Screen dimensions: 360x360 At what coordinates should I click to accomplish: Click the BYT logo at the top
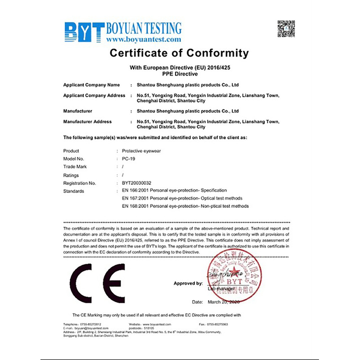click(x=85, y=31)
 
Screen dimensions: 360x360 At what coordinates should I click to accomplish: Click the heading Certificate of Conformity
click(x=179, y=54)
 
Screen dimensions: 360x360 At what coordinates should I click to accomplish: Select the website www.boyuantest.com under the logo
click(x=144, y=40)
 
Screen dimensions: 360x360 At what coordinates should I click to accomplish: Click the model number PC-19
click(x=128, y=159)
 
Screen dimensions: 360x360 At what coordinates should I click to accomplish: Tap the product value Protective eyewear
click(x=141, y=151)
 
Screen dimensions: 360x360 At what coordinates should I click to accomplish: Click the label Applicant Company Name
click(x=91, y=85)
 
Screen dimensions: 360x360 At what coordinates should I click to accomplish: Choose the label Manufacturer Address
click(x=87, y=122)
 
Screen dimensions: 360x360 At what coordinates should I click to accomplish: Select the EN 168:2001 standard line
click(x=185, y=206)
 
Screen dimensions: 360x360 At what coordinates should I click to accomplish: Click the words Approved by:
click(x=188, y=283)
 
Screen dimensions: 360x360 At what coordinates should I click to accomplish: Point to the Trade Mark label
click(x=75, y=167)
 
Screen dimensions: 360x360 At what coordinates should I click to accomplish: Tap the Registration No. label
click(x=80, y=183)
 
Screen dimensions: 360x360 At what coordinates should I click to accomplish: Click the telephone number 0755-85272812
click(x=91, y=324)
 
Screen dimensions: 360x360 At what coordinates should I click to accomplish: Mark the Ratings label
click(x=71, y=175)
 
